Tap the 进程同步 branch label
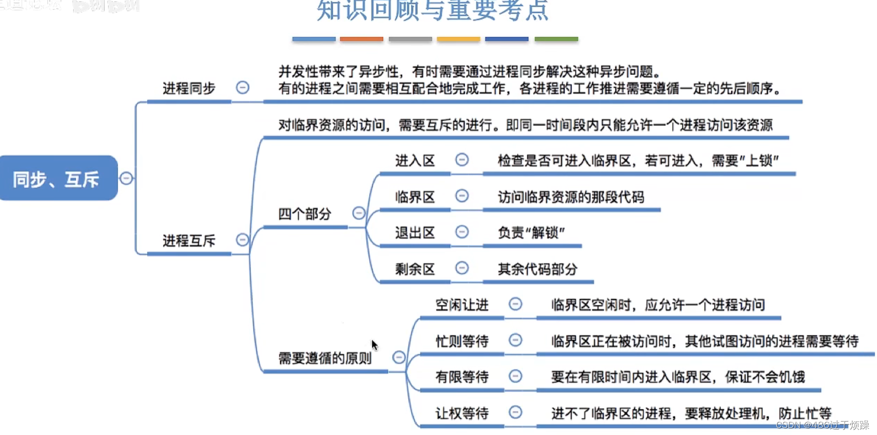click(x=189, y=88)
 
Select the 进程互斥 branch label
click(x=189, y=241)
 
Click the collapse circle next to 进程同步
click(x=242, y=88)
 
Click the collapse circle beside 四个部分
click(x=359, y=214)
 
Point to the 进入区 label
click(x=415, y=160)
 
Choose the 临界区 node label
click(x=415, y=197)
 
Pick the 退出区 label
click(x=415, y=232)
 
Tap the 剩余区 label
click(x=415, y=269)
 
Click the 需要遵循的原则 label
click(x=324, y=358)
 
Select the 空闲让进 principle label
click(x=462, y=304)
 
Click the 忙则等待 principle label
click(x=462, y=341)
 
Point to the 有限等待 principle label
click(x=462, y=377)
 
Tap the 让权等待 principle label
click(x=462, y=413)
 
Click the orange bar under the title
click(x=361, y=39)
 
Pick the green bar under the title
click(x=556, y=39)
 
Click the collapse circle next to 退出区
click(x=462, y=232)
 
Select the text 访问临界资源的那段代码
click(x=571, y=197)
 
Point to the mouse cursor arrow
click(x=374, y=345)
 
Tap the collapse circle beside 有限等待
click(x=516, y=376)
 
